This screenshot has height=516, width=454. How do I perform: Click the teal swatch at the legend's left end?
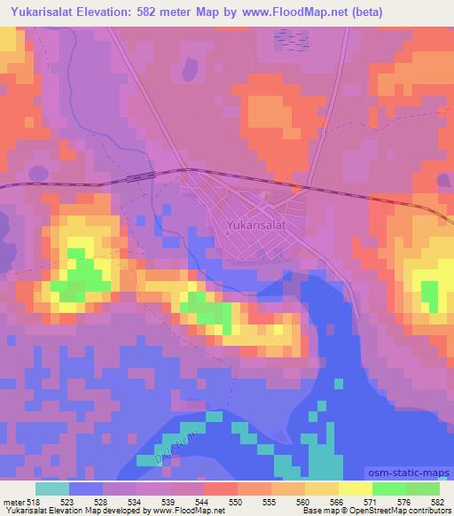point(52,489)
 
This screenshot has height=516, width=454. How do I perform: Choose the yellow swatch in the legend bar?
point(355,489)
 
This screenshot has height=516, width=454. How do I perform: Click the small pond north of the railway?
point(188,68)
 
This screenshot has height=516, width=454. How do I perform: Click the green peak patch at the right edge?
point(429,295)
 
